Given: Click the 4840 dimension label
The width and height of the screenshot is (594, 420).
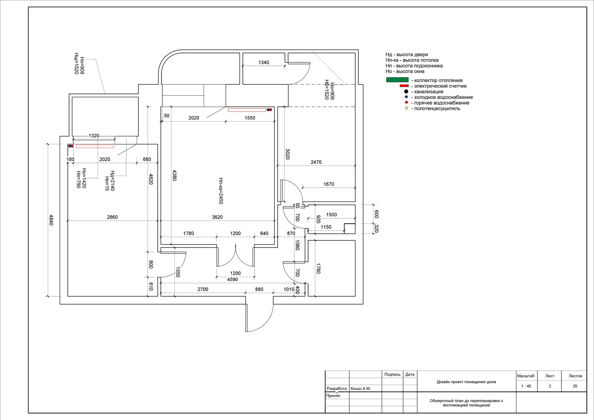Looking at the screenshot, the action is click(x=51, y=220).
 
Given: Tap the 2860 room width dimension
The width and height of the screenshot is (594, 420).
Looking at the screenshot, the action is click(x=112, y=217).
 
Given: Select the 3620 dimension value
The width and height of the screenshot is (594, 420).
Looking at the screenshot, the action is click(x=217, y=217).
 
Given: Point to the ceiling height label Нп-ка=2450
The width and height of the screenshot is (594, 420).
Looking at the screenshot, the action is click(x=221, y=191).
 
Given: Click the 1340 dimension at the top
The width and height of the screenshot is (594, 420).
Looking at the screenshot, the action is click(x=264, y=62).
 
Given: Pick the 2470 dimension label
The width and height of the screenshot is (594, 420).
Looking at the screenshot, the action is click(x=316, y=162).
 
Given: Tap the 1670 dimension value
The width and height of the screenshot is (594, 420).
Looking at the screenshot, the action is click(x=329, y=184).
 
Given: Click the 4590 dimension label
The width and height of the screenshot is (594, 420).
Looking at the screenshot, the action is click(x=232, y=279).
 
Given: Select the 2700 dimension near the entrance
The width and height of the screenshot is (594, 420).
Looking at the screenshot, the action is click(x=203, y=289).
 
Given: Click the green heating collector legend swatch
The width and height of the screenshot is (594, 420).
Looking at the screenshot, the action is click(x=397, y=80).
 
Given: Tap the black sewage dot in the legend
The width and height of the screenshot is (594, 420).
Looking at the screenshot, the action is click(x=406, y=91).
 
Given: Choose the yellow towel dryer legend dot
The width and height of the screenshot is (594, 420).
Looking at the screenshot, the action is click(x=406, y=108).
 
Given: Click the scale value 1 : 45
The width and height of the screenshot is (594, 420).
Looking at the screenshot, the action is click(x=526, y=386).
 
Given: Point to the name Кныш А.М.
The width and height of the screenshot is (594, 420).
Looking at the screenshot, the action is click(x=360, y=388).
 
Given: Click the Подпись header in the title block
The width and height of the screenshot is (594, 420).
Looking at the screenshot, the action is click(x=392, y=374).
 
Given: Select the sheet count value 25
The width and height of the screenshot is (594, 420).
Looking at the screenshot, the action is click(x=575, y=386).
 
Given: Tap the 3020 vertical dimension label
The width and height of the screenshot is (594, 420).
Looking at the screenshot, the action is click(x=287, y=154).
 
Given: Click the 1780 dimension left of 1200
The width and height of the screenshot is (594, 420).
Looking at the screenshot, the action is click(x=188, y=233).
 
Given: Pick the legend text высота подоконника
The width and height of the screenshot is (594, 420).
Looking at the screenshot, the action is click(x=419, y=66).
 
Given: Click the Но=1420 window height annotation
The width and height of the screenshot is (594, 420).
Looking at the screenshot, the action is click(x=84, y=178).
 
